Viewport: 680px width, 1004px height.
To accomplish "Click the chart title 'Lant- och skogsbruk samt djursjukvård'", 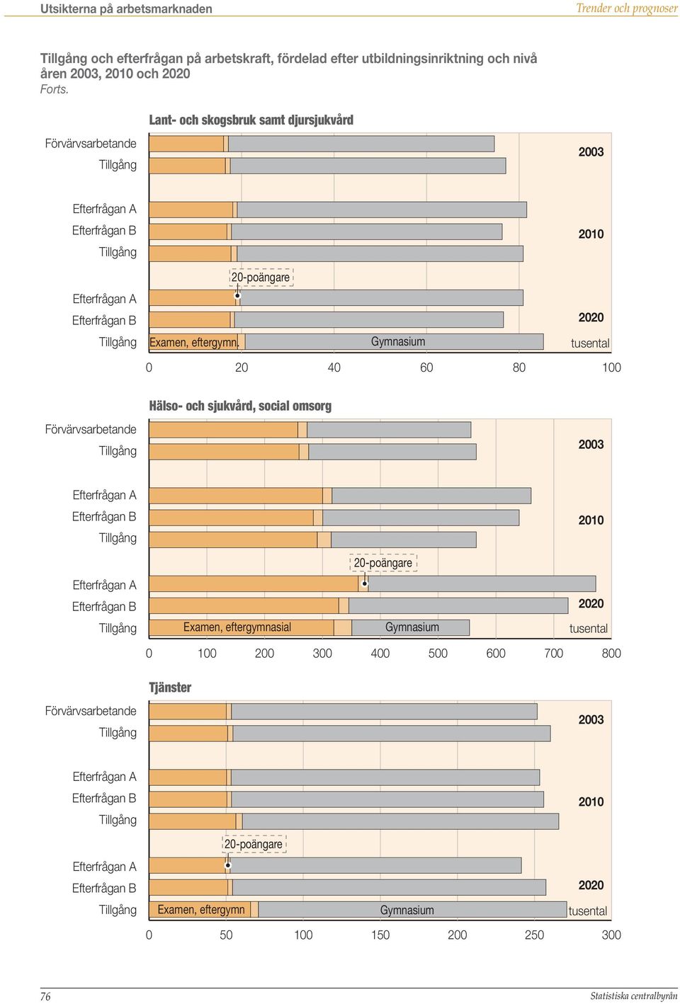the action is pos(251,120).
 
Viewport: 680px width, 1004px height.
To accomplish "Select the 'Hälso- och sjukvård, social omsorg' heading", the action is pos(240,406).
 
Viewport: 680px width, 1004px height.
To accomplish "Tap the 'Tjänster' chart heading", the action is pos(170,688).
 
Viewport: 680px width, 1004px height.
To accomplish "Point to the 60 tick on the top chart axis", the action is pos(426,367).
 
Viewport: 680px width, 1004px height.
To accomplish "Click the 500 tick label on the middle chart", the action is pos(438,653).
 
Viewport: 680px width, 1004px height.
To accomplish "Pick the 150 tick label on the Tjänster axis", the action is pos(380,935).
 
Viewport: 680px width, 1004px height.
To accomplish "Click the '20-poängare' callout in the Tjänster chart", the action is pos(254,844).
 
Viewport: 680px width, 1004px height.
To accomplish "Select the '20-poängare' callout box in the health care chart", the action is pos(383,562).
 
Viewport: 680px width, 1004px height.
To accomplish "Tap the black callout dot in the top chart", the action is pos(237,295).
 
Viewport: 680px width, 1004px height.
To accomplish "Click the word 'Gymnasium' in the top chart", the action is pos(398,341).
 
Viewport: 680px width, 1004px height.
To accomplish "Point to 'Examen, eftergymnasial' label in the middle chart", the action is pos(237,627).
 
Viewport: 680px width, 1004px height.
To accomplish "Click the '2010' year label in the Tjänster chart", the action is pos(591,802).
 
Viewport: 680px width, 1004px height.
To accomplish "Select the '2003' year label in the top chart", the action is pos(591,152).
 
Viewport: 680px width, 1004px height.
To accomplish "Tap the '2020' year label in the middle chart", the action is pos(591,603).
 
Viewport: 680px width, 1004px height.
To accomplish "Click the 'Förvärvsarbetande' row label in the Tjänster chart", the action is pos(91,711).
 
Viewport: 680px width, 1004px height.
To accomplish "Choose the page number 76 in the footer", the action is pos(46,996).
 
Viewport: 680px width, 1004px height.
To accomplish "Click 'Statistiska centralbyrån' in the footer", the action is pos(633,996).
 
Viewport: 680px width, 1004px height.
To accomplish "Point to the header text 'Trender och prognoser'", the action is pos(627,8).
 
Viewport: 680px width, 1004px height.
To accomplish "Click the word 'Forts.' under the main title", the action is pos(55,89).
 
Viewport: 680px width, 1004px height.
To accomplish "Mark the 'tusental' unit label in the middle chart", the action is pos(589,629).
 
